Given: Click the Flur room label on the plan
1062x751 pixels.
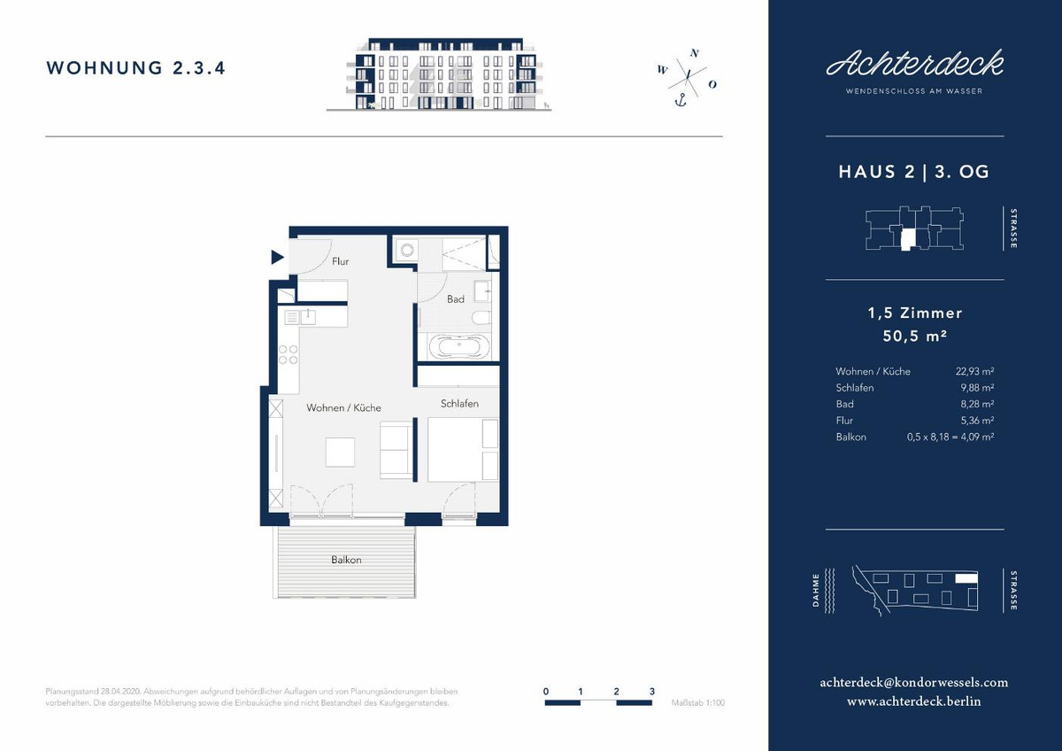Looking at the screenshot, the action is click(x=340, y=261).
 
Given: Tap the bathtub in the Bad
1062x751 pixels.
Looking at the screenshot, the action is click(x=459, y=347).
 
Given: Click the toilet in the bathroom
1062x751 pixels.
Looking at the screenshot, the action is click(x=481, y=318).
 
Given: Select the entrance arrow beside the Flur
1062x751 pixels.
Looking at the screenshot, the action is click(x=277, y=258).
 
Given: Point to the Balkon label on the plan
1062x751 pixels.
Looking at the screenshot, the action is click(x=346, y=560).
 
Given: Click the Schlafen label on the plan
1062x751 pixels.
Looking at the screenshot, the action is click(x=459, y=404).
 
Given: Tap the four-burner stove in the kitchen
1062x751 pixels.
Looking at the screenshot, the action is click(x=289, y=354).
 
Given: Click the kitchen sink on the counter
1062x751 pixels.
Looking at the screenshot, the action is click(x=308, y=317).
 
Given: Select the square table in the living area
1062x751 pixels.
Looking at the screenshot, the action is click(x=340, y=453).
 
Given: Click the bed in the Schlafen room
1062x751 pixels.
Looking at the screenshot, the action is click(x=463, y=449).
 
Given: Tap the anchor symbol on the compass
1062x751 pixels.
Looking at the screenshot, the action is click(x=681, y=101).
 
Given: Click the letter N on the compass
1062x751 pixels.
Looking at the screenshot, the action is click(x=695, y=54).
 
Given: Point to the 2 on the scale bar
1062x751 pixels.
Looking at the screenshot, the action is click(x=616, y=692).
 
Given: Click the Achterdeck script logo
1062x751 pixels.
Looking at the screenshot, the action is click(x=914, y=64).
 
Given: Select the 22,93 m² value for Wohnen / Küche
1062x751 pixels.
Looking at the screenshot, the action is click(x=974, y=371).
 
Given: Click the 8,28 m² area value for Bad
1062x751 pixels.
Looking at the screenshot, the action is click(x=977, y=404).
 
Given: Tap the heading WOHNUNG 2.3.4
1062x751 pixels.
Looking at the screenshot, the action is click(x=135, y=68).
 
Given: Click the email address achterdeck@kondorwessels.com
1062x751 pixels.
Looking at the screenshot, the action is click(x=914, y=683).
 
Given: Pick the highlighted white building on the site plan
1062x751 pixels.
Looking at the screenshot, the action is click(x=966, y=577).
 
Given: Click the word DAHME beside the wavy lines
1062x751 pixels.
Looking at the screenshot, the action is click(x=815, y=590).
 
